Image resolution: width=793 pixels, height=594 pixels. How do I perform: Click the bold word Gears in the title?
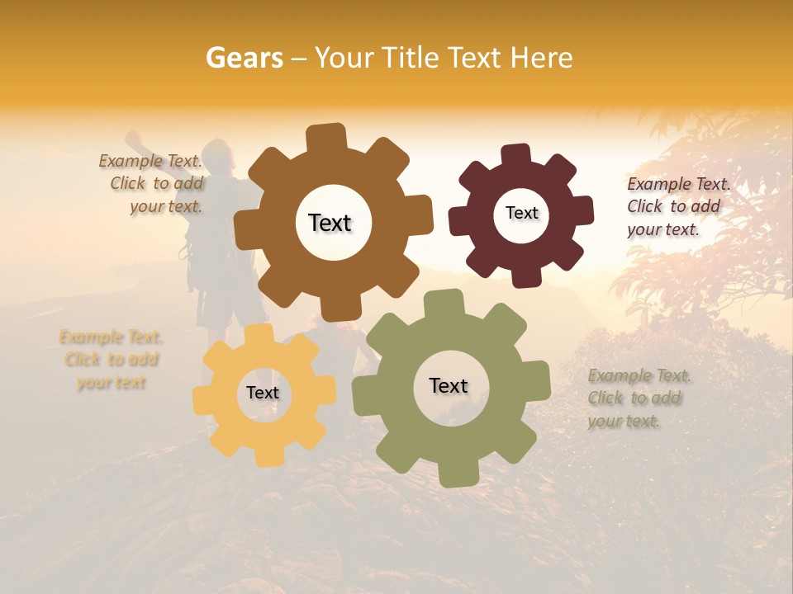[243, 58]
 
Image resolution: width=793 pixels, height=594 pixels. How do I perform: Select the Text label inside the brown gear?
[330, 223]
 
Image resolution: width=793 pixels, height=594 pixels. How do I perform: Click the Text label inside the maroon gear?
[521, 213]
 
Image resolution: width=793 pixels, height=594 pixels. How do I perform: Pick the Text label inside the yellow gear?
[263, 393]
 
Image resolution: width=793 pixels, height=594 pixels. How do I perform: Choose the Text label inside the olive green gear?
[449, 385]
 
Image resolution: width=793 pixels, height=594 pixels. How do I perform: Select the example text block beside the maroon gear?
[677, 206]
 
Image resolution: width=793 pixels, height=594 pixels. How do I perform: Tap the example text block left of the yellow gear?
[111, 360]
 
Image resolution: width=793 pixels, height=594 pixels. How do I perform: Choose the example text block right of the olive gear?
[639, 398]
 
